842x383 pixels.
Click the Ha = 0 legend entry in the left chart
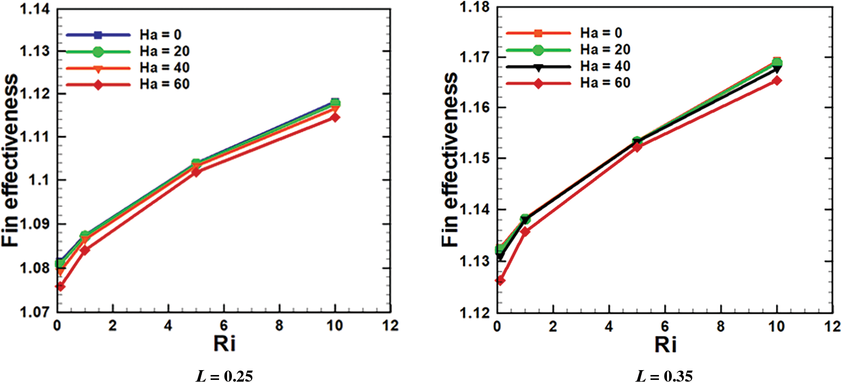(x=160, y=35)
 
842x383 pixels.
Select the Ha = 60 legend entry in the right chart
(x=605, y=83)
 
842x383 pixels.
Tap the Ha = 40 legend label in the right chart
(x=605, y=66)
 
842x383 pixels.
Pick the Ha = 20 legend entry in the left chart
(x=164, y=51)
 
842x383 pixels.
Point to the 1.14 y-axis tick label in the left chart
(x=35, y=9)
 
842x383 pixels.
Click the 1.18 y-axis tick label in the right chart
(x=474, y=7)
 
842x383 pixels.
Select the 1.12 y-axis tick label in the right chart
(x=474, y=312)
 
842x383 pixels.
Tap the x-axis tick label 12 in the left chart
(x=390, y=326)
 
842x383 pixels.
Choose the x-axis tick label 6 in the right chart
(x=665, y=327)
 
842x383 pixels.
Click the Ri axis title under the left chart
(x=224, y=344)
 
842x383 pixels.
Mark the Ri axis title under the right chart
(x=665, y=344)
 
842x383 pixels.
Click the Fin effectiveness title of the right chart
(x=450, y=160)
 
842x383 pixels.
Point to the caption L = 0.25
(x=224, y=376)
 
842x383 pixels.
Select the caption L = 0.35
(x=664, y=376)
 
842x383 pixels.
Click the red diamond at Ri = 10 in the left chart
(x=335, y=117)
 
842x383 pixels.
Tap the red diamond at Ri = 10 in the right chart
(x=776, y=81)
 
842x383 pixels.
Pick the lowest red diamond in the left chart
(x=60, y=287)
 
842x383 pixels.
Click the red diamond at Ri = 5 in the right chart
(x=637, y=147)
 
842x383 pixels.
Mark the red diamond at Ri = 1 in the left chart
(x=85, y=250)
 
